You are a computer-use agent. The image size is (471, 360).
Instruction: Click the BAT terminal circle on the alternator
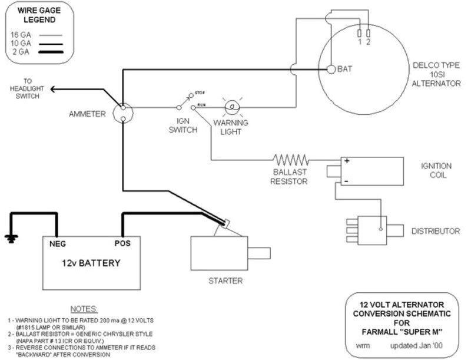click(331, 69)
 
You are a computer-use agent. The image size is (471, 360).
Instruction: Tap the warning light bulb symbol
click(232, 107)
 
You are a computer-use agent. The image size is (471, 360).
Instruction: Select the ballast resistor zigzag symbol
click(291, 159)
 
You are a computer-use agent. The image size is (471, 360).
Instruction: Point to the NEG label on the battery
click(56, 242)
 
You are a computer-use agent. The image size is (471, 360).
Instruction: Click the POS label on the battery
click(123, 242)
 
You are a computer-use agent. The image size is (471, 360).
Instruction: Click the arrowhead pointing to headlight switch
click(53, 89)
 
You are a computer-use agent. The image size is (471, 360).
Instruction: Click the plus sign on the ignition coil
click(347, 161)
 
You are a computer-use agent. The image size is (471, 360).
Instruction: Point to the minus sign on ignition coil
click(347, 181)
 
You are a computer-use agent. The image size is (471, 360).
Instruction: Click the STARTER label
click(225, 280)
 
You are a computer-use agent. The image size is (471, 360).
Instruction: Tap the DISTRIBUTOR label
click(435, 231)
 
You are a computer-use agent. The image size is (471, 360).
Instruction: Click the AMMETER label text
click(86, 114)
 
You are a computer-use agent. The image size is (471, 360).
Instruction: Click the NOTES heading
click(84, 309)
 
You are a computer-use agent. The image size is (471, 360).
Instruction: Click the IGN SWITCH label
click(183, 125)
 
